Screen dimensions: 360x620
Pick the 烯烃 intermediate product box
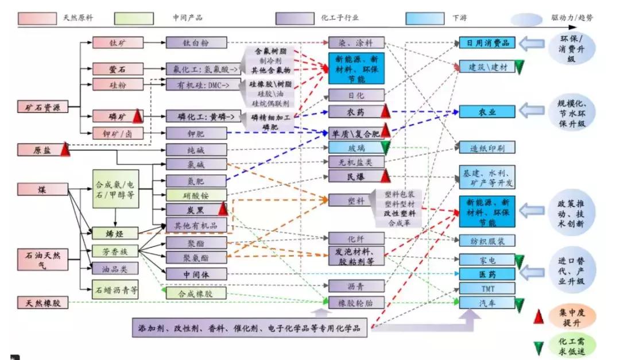coord(115,234)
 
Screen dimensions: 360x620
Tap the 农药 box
coord(356,112)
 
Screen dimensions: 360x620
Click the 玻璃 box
coord(356,148)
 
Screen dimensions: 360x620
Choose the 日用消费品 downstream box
coord(487,43)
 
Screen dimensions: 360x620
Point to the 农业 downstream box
coord(487,112)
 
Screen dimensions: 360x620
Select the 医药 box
coord(487,274)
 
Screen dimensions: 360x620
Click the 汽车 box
coord(487,302)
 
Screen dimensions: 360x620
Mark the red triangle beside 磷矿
coord(138,116)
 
